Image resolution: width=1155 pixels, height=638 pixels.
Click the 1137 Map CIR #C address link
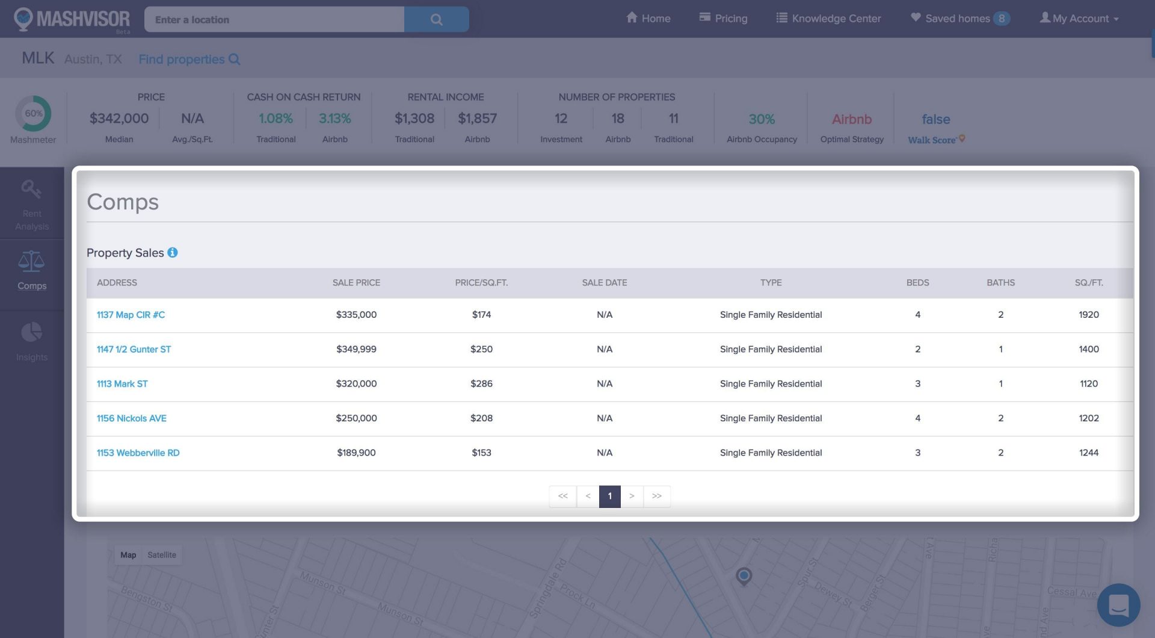pyautogui.click(x=131, y=315)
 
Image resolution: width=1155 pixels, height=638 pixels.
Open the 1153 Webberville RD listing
pyautogui.click(x=138, y=453)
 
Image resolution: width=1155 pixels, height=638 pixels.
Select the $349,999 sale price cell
pyautogui.click(x=356, y=349)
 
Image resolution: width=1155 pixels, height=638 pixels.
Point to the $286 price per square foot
pyautogui.click(x=481, y=383)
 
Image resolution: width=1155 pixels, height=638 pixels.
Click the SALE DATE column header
pyautogui.click(x=604, y=282)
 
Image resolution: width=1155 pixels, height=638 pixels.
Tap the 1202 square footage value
pyautogui.click(x=1088, y=418)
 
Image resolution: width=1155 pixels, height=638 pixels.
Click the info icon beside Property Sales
pyautogui.click(x=173, y=253)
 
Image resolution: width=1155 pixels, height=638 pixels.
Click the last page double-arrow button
pyautogui.click(x=656, y=496)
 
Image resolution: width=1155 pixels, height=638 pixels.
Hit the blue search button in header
pyautogui.click(x=436, y=19)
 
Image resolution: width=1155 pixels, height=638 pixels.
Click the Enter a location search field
pyautogui.click(x=274, y=19)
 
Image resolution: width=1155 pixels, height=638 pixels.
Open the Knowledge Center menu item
pyautogui.click(x=828, y=18)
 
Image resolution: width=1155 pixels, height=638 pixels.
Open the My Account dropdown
pyautogui.click(x=1079, y=18)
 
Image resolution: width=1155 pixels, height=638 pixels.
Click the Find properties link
pyautogui.click(x=189, y=59)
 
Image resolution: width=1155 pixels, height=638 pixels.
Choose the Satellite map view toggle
pyautogui.click(x=162, y=555)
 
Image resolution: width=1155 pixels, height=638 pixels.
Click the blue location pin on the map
pyautogui.click(x=744, y=576)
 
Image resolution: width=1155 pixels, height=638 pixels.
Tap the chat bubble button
pyautogui.click(x=1118, y=605)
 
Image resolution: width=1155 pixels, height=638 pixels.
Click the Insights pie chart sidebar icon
pyautogui.click(x=32, y=333)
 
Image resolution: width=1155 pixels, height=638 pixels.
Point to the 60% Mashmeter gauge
pyautogui.click(x=33, y=113)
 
